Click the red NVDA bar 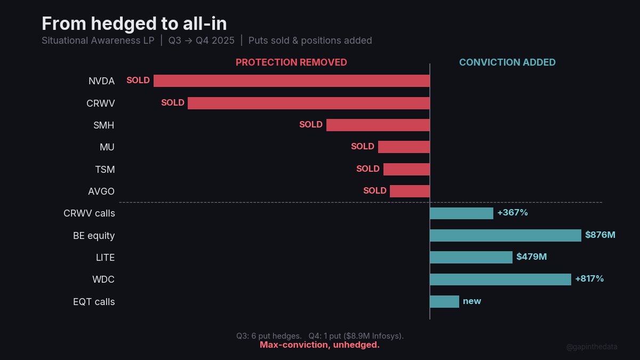291,81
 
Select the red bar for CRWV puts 308,103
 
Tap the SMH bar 378,125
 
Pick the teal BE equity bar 505,235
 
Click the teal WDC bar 500,279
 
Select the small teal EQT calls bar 444,301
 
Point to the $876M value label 600,235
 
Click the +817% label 589,279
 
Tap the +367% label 513,213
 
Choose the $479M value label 531,257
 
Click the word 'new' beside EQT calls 472,301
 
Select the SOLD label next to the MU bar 363,147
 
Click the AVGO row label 101,191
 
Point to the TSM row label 105,169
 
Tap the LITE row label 105,257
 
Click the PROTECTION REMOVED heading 291,62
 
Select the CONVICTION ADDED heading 507,62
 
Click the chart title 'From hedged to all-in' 134,23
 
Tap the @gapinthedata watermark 591,347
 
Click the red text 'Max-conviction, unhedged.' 319,345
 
